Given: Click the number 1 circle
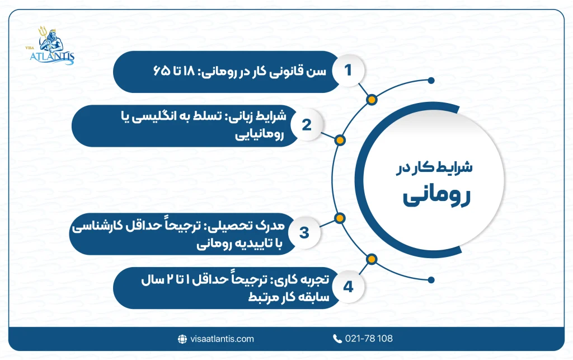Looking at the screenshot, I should tap(348, 71).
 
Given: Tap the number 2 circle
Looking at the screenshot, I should tap(306, 125).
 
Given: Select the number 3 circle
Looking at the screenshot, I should tap(304, 232).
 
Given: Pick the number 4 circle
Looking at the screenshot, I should tap(348, 288).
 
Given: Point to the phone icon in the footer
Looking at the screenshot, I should tap(337, 339).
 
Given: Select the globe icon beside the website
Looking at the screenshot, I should tap(181, 339).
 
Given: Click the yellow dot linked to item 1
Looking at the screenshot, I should tap(372, 100).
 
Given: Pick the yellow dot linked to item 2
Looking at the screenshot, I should tap(340, 140).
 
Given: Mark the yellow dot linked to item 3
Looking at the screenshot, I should tap(340, 218).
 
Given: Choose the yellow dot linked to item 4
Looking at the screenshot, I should tap(372, 259).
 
